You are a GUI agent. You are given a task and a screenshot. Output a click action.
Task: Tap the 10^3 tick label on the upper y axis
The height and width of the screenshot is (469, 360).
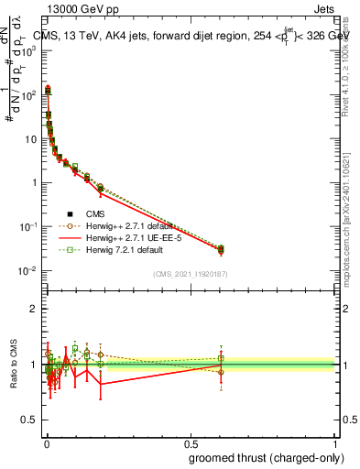click(x=27, y=50)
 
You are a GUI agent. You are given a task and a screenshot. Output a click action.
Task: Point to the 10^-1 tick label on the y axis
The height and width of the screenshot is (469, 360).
click(x=27, y=226)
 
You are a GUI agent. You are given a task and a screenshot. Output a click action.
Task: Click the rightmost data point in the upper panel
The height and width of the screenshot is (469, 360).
click(x=305, y=248)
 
